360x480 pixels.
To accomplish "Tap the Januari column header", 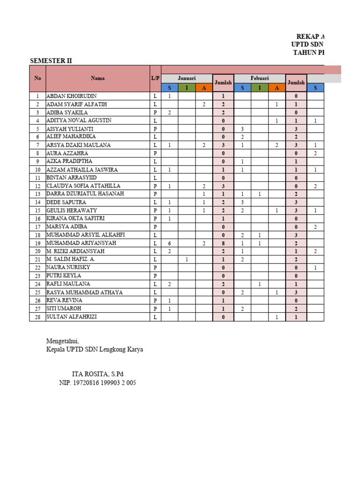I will click(187, 78).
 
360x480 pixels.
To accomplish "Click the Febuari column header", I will click(259, 78).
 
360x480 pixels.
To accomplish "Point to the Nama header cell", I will click(97, 79).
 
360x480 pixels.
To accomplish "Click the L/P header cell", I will click(155, 79).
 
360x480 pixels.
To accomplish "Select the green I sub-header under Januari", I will click(187, 88).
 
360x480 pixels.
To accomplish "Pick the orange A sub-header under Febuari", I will click(277, 88).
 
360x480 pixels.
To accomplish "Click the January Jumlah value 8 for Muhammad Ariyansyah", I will click(224, 243).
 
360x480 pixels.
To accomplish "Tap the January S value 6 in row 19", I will click(170, 243).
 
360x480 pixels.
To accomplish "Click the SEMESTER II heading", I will click(51, 61).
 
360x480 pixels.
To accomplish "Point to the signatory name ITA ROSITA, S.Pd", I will click(97, 374).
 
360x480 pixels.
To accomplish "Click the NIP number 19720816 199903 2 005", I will click(97, 383).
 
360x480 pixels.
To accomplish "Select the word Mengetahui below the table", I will click(63, 341).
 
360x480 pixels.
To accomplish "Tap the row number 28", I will click(37, 317).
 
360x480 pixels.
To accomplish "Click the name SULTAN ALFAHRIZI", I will click(72, 317).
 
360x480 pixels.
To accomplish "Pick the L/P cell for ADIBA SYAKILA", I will click(155, 112).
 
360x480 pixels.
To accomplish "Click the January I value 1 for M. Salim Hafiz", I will click(187, 260).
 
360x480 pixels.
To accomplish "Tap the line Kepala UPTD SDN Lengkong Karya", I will click(94, 350).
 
